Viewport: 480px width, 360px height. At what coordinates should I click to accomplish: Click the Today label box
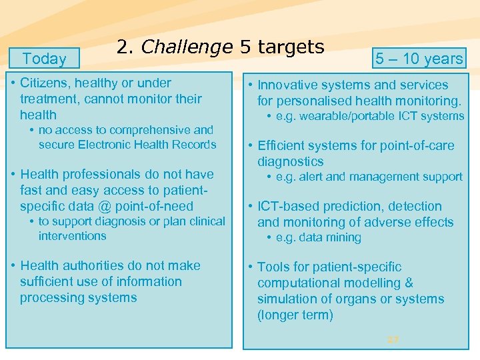point(44,59)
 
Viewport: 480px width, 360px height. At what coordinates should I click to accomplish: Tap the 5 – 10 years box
point(419,59)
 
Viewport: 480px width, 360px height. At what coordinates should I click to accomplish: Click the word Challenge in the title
point(187,47)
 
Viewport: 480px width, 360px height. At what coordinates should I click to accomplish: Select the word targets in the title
point(291,47)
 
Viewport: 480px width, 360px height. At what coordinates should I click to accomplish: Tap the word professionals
point(103,174)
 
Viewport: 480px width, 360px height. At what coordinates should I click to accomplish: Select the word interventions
point(73,236)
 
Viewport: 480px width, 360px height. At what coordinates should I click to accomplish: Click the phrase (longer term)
point(295,315)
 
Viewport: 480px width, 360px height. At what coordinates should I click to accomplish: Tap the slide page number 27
point(393,340)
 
